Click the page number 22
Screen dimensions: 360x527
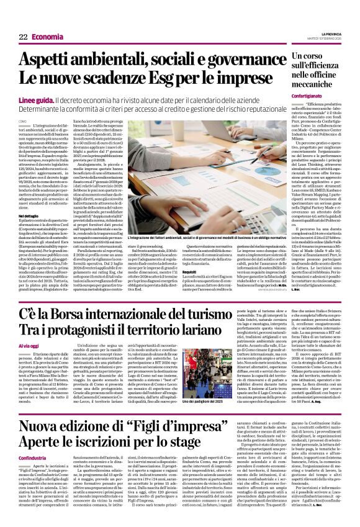click(23, 38)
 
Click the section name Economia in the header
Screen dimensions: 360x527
click(48, 38)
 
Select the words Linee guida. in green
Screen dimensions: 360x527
click(36, 99)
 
